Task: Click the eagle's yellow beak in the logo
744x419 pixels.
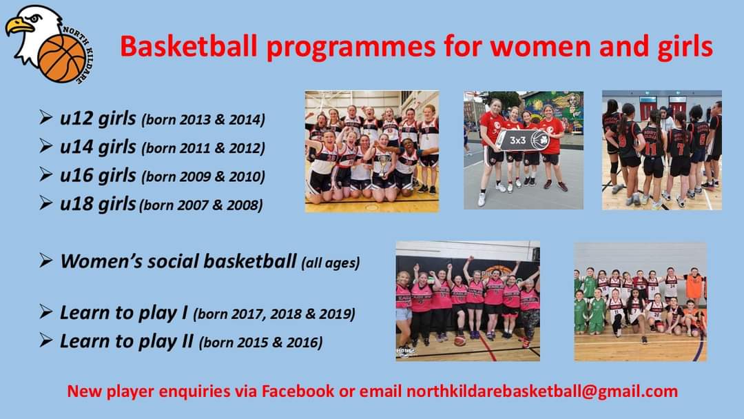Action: click(19, 27)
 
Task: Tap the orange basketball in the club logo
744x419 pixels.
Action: click(61, 59)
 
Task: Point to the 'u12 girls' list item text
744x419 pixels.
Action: click(98, 119)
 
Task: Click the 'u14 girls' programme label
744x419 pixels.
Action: click(98, 147)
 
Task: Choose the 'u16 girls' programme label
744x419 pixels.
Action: click(98, 176)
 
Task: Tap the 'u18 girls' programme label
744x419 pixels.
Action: click(98, 204)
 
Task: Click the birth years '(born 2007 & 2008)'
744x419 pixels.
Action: click(200, 205)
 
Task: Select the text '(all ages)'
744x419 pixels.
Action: click(330, 263)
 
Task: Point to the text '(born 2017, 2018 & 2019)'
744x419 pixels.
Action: click(274, 314)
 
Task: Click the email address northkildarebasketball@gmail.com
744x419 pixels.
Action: click(542, 391)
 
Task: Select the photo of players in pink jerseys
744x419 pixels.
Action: click(468, 300)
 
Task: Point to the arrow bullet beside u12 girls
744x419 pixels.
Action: click(45, 119)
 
